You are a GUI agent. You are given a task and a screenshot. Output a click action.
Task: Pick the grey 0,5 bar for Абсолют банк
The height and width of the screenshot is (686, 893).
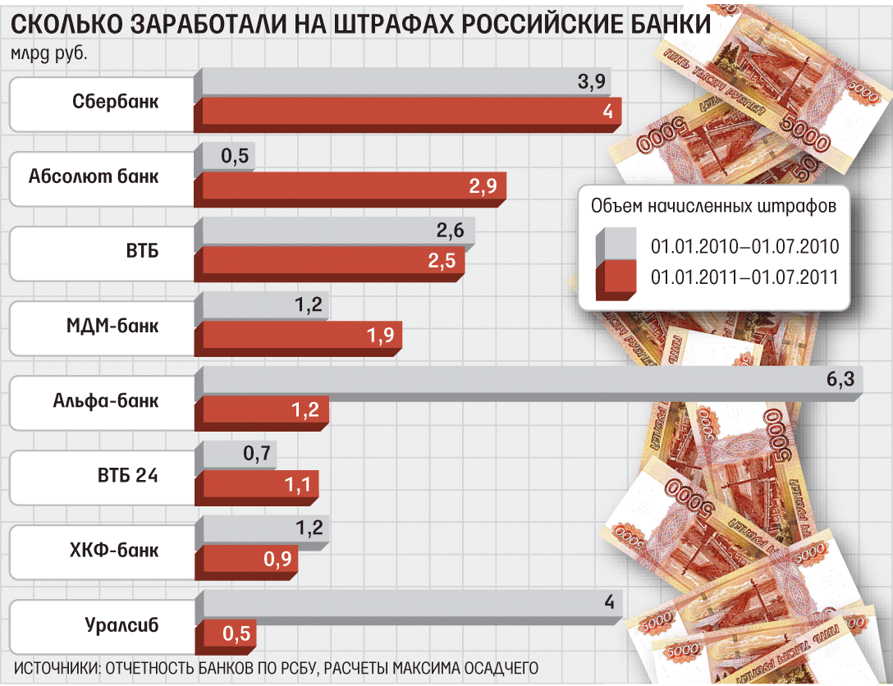point(227,157)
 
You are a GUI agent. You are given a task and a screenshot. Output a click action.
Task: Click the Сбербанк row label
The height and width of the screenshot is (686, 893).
point(115,103)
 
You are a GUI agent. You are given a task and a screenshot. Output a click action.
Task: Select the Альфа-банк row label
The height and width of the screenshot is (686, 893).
point(106,401)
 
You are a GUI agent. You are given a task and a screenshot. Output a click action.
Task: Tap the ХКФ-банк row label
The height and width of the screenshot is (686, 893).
point(114,551)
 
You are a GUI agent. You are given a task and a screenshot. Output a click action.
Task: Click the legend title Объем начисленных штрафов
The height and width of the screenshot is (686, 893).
point(713,206)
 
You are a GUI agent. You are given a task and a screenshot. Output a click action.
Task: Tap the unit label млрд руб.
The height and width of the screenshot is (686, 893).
point(48,55)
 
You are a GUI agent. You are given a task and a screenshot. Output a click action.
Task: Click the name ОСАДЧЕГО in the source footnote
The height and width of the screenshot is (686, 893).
point(492,665)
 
